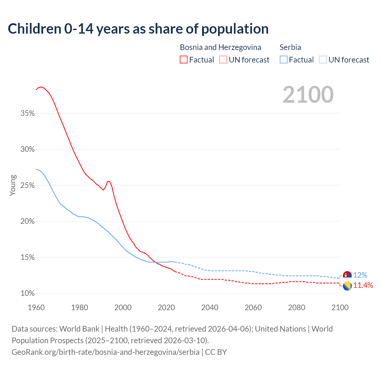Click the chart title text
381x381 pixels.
tap(138, 29)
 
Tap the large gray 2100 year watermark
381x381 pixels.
tap(308, 95)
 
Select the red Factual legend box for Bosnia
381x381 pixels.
tap(184, 60)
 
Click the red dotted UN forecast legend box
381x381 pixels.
tap(223, 60)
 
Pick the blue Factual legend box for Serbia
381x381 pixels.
tap(284, 60)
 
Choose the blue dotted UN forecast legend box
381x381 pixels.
tap(323, 60)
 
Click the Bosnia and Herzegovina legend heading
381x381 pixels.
tap(220, 47)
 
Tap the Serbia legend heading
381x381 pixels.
tap(290, 47)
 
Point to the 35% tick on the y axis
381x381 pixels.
tap(28, 113)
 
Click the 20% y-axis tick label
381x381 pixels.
tap(28, 221)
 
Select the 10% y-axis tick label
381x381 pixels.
tap(28, 293)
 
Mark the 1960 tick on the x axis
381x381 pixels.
tap(36, 307)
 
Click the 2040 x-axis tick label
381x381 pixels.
tap(210, 307)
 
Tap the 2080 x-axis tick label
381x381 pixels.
tap(296, 307)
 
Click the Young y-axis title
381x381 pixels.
tap(13, 185)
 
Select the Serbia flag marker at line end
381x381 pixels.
tap(347, 275)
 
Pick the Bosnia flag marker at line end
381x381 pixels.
tap(347, 286)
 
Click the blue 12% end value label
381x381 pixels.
tap(360, 275)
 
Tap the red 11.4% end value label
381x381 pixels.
tap(363, 285)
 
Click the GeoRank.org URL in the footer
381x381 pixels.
tap(105, 352)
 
